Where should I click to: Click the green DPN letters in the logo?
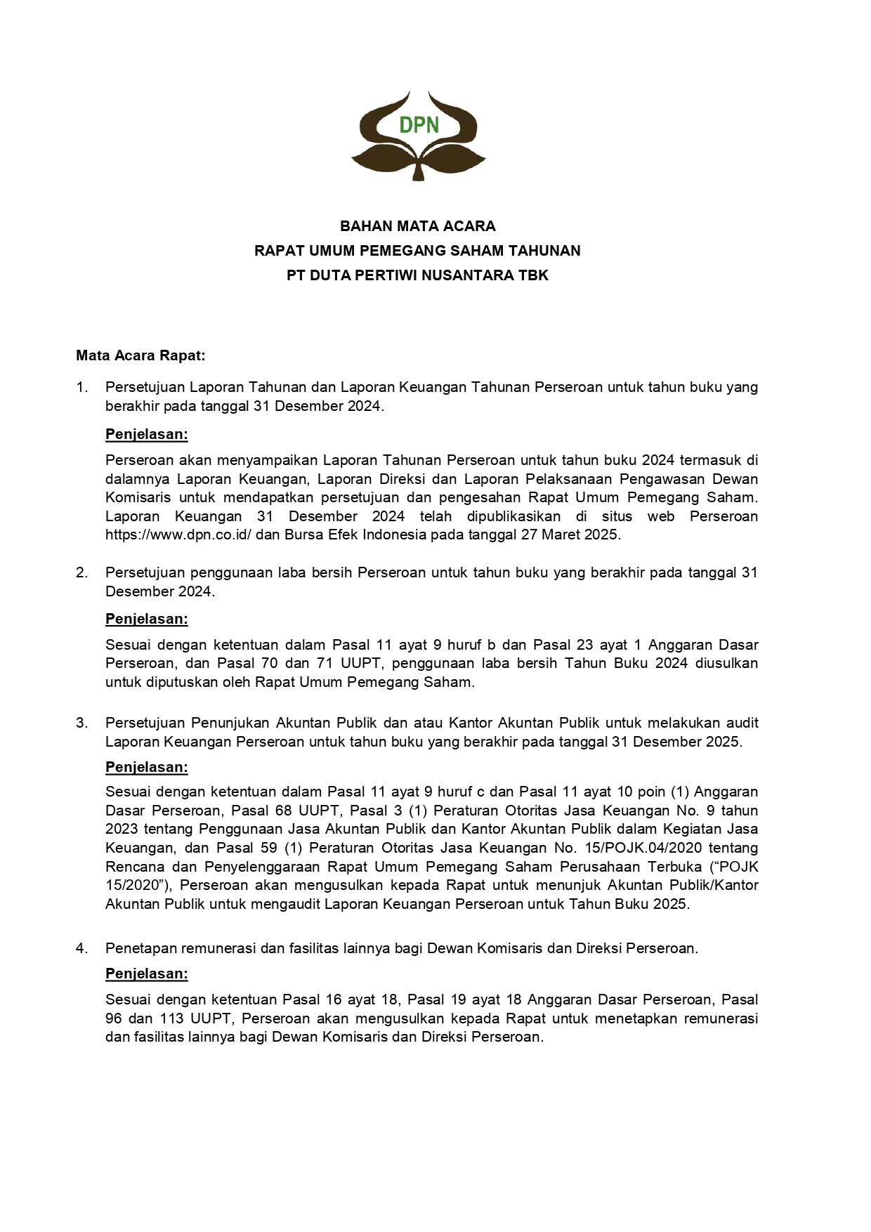click(419, 125)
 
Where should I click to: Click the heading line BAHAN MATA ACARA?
click(418, 226)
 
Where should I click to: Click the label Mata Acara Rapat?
click(140, 355)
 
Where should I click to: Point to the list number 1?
click(81, 387)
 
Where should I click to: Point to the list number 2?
click(81, 572)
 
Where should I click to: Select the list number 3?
click(81, 723)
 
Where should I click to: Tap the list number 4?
click(81, 948)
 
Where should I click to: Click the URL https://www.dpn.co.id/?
click(183, 535)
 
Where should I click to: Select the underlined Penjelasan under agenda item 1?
click(147, 434)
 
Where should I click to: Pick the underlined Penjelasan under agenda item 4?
click(147, 974)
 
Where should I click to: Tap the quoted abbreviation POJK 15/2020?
click(731, 867)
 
